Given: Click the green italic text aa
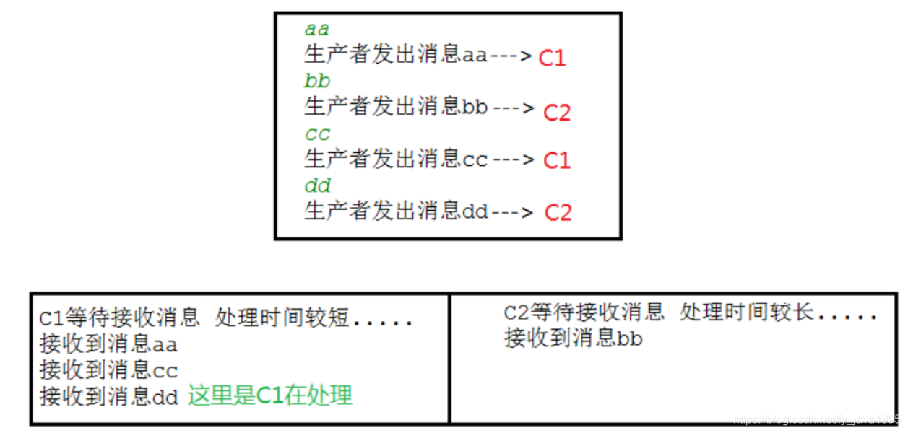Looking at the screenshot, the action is click(x=316, y=30).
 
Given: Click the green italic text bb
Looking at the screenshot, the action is click(x=317, y=81).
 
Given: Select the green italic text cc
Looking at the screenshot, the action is click(x=317, y=134).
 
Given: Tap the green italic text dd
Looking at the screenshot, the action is click(x=317, y=186).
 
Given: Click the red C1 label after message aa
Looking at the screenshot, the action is click(x=552, y=58).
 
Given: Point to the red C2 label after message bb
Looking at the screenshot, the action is click(x=557, y=112).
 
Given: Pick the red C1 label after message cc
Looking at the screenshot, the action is click(x=556, y=160).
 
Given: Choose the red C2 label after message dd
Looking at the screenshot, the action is click(x=558, y=212).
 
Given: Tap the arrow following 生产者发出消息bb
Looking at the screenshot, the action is click(x=512, y=108).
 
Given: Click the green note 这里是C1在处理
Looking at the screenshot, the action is click(x=270, y=395).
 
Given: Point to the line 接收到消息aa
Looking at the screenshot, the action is click(x=108, y=344).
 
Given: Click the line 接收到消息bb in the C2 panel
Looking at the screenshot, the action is click(x=573, y=338).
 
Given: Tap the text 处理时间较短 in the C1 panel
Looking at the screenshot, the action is click(x=282, y=318).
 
